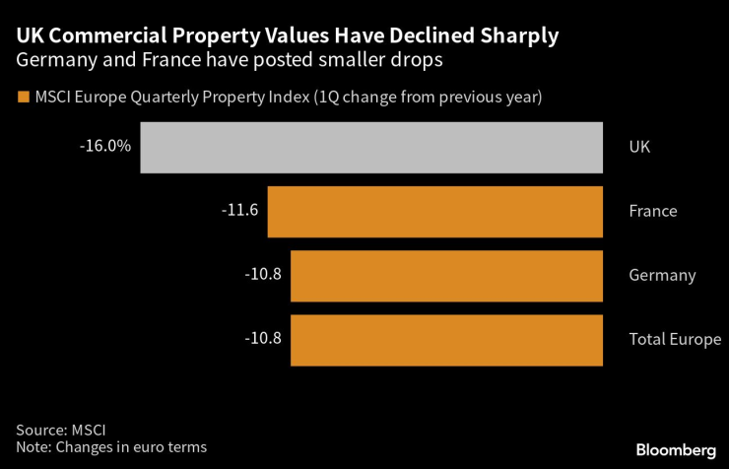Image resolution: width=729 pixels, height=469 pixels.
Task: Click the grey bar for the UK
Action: coord(371,148)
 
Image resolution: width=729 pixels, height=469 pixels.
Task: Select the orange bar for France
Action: coord(434,211)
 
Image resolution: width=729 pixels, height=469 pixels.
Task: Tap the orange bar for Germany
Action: coord(446,275)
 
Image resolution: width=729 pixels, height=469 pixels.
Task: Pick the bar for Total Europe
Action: coord(446,339)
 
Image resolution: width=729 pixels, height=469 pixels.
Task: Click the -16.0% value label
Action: coord(105,145)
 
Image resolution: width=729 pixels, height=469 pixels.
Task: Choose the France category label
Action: coord(652,211)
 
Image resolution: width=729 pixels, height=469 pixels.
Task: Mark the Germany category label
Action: coord(662,275)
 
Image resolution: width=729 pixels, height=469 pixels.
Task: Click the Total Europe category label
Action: coord(675,339)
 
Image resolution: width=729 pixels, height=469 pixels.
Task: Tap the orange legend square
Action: coord(22,98)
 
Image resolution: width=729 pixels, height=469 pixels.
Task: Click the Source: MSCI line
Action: coord(60,430)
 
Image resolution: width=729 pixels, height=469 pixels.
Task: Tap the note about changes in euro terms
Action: coord(111,448)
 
